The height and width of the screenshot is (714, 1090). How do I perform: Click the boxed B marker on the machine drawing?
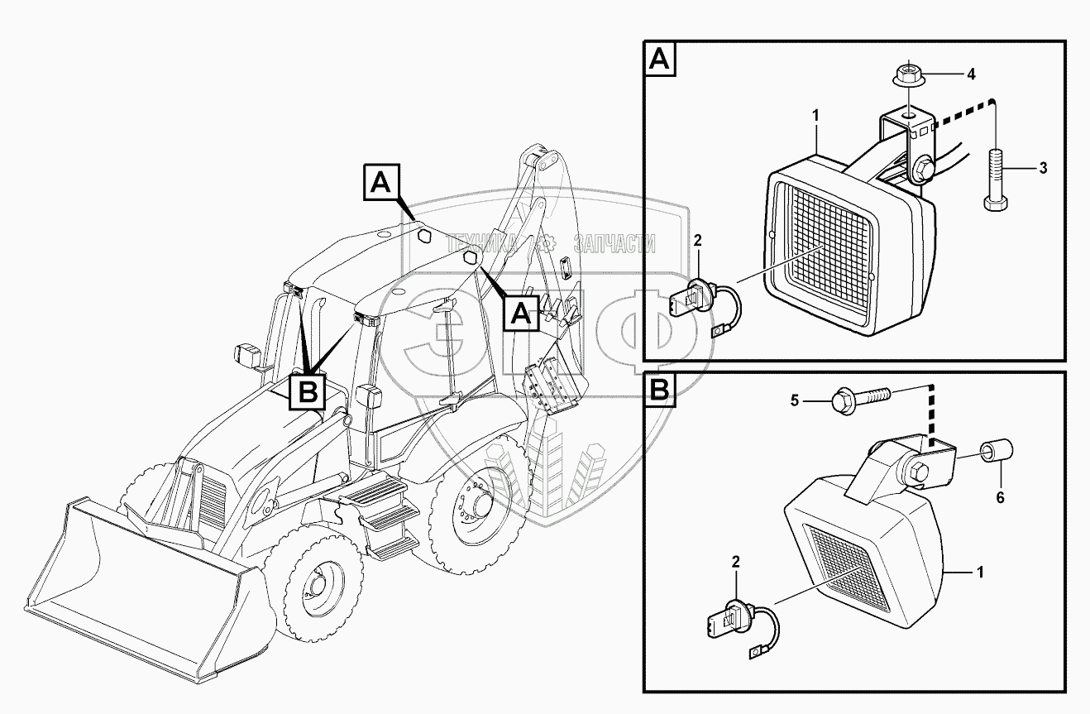tap(308, 391)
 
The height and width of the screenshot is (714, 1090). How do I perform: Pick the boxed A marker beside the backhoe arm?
tap(522, 312)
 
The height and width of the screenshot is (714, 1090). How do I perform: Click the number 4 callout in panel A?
tap(971, 74)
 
